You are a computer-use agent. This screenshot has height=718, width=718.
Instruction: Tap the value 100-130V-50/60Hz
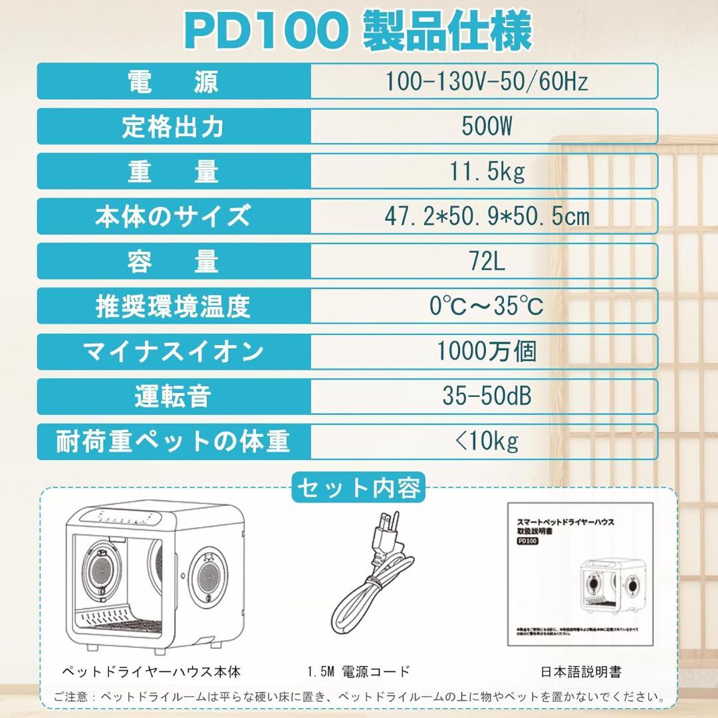tap(487, 81)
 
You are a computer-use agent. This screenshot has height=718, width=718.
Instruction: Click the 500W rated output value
tap(487, 126)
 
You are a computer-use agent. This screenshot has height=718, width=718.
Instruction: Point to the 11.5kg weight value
tap(487, 171)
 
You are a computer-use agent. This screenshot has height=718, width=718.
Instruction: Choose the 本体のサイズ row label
tap(173, 216)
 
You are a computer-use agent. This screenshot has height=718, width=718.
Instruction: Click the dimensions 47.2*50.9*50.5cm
tap(487, 216)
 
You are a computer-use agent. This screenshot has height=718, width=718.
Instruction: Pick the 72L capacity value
tap(487, 261)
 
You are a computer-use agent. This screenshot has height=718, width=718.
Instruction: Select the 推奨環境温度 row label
tap(173, 306)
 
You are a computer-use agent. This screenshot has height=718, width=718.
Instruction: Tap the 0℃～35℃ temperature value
tap(487, 306)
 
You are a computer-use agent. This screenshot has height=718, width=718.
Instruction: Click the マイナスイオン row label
tap(173, 351)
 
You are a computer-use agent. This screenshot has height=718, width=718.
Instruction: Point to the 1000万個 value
tap(487, 351)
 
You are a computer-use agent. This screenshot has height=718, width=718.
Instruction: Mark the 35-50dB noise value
tap(487, 396)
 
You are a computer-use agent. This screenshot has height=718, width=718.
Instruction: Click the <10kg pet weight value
tap(487, 441)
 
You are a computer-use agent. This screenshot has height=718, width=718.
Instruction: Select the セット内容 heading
tap(358, 489)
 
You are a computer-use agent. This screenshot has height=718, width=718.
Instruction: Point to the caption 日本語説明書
tap(581, 672)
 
